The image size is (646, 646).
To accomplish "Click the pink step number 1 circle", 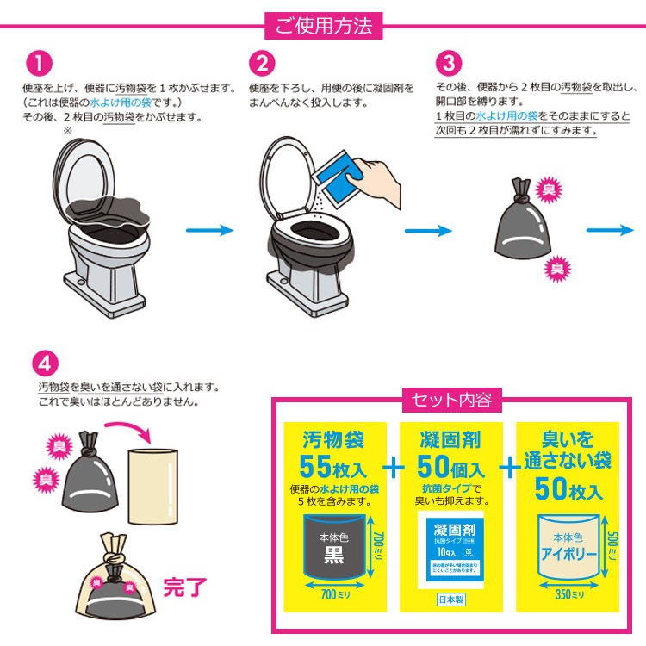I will tap(40, 65).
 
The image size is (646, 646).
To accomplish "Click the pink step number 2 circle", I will tap(262, 65).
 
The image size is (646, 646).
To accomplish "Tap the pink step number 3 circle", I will tap(449, 65).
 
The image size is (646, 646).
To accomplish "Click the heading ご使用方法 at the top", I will tap(323, 26).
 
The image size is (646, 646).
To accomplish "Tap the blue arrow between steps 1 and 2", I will tap(210, 230).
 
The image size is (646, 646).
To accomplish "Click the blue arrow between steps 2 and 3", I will tap(428, 230).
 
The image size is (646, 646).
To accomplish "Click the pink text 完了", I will tap(185, 588).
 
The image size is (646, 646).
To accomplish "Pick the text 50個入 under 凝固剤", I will tap(451, 469).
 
